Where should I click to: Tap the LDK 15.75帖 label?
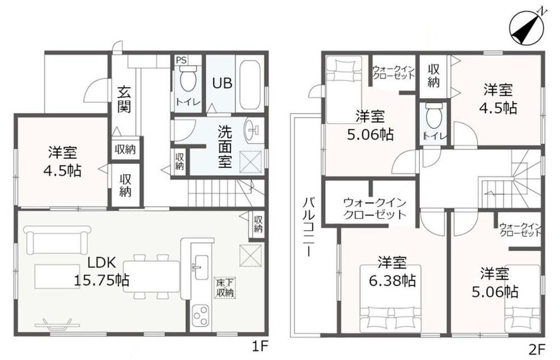[102, 272]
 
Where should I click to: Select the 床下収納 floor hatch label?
[225, 288]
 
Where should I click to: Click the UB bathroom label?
[222, 83]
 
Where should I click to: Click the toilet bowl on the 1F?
[188, 79]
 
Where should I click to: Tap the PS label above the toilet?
[181, 60]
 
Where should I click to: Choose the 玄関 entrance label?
[124, 100]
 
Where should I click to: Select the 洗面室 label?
[225, 147]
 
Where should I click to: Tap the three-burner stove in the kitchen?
[200, 315]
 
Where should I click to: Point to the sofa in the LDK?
[57, 240]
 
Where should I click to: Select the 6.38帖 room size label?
[392, 281]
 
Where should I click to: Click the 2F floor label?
[538, 348]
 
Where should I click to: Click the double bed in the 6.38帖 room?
[390, 298]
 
